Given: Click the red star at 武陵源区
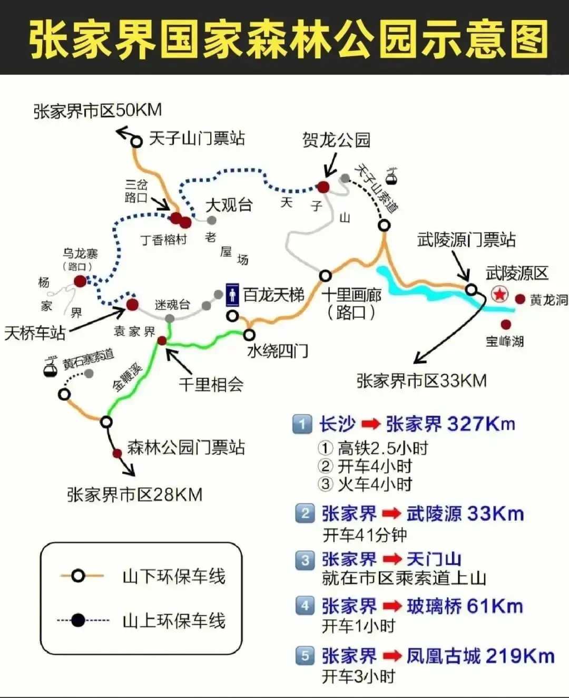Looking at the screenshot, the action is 499,294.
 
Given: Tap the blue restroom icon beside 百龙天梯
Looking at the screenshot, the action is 232,295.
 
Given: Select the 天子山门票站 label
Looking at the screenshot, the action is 197,139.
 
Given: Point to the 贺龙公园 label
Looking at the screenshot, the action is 336,140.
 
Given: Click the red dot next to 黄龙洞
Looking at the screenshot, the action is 520,299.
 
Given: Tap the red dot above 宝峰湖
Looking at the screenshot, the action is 506,324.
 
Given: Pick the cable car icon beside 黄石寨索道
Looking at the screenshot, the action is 51,367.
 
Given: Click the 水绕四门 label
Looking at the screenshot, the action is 278,351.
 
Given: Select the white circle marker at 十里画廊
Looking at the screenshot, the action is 326,276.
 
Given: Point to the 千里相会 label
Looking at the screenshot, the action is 211,384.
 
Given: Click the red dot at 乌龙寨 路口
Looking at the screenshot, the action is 80,282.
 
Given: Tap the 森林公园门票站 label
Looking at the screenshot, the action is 186,448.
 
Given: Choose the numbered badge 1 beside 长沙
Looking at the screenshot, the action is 302,424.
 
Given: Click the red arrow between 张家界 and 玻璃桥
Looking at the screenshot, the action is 392,606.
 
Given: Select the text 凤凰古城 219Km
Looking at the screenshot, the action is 480,656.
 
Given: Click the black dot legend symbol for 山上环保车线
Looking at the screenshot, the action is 78,621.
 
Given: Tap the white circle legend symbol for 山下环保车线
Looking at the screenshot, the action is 78,576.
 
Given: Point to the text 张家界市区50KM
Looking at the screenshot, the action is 97,111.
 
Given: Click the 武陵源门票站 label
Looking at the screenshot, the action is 466,240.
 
